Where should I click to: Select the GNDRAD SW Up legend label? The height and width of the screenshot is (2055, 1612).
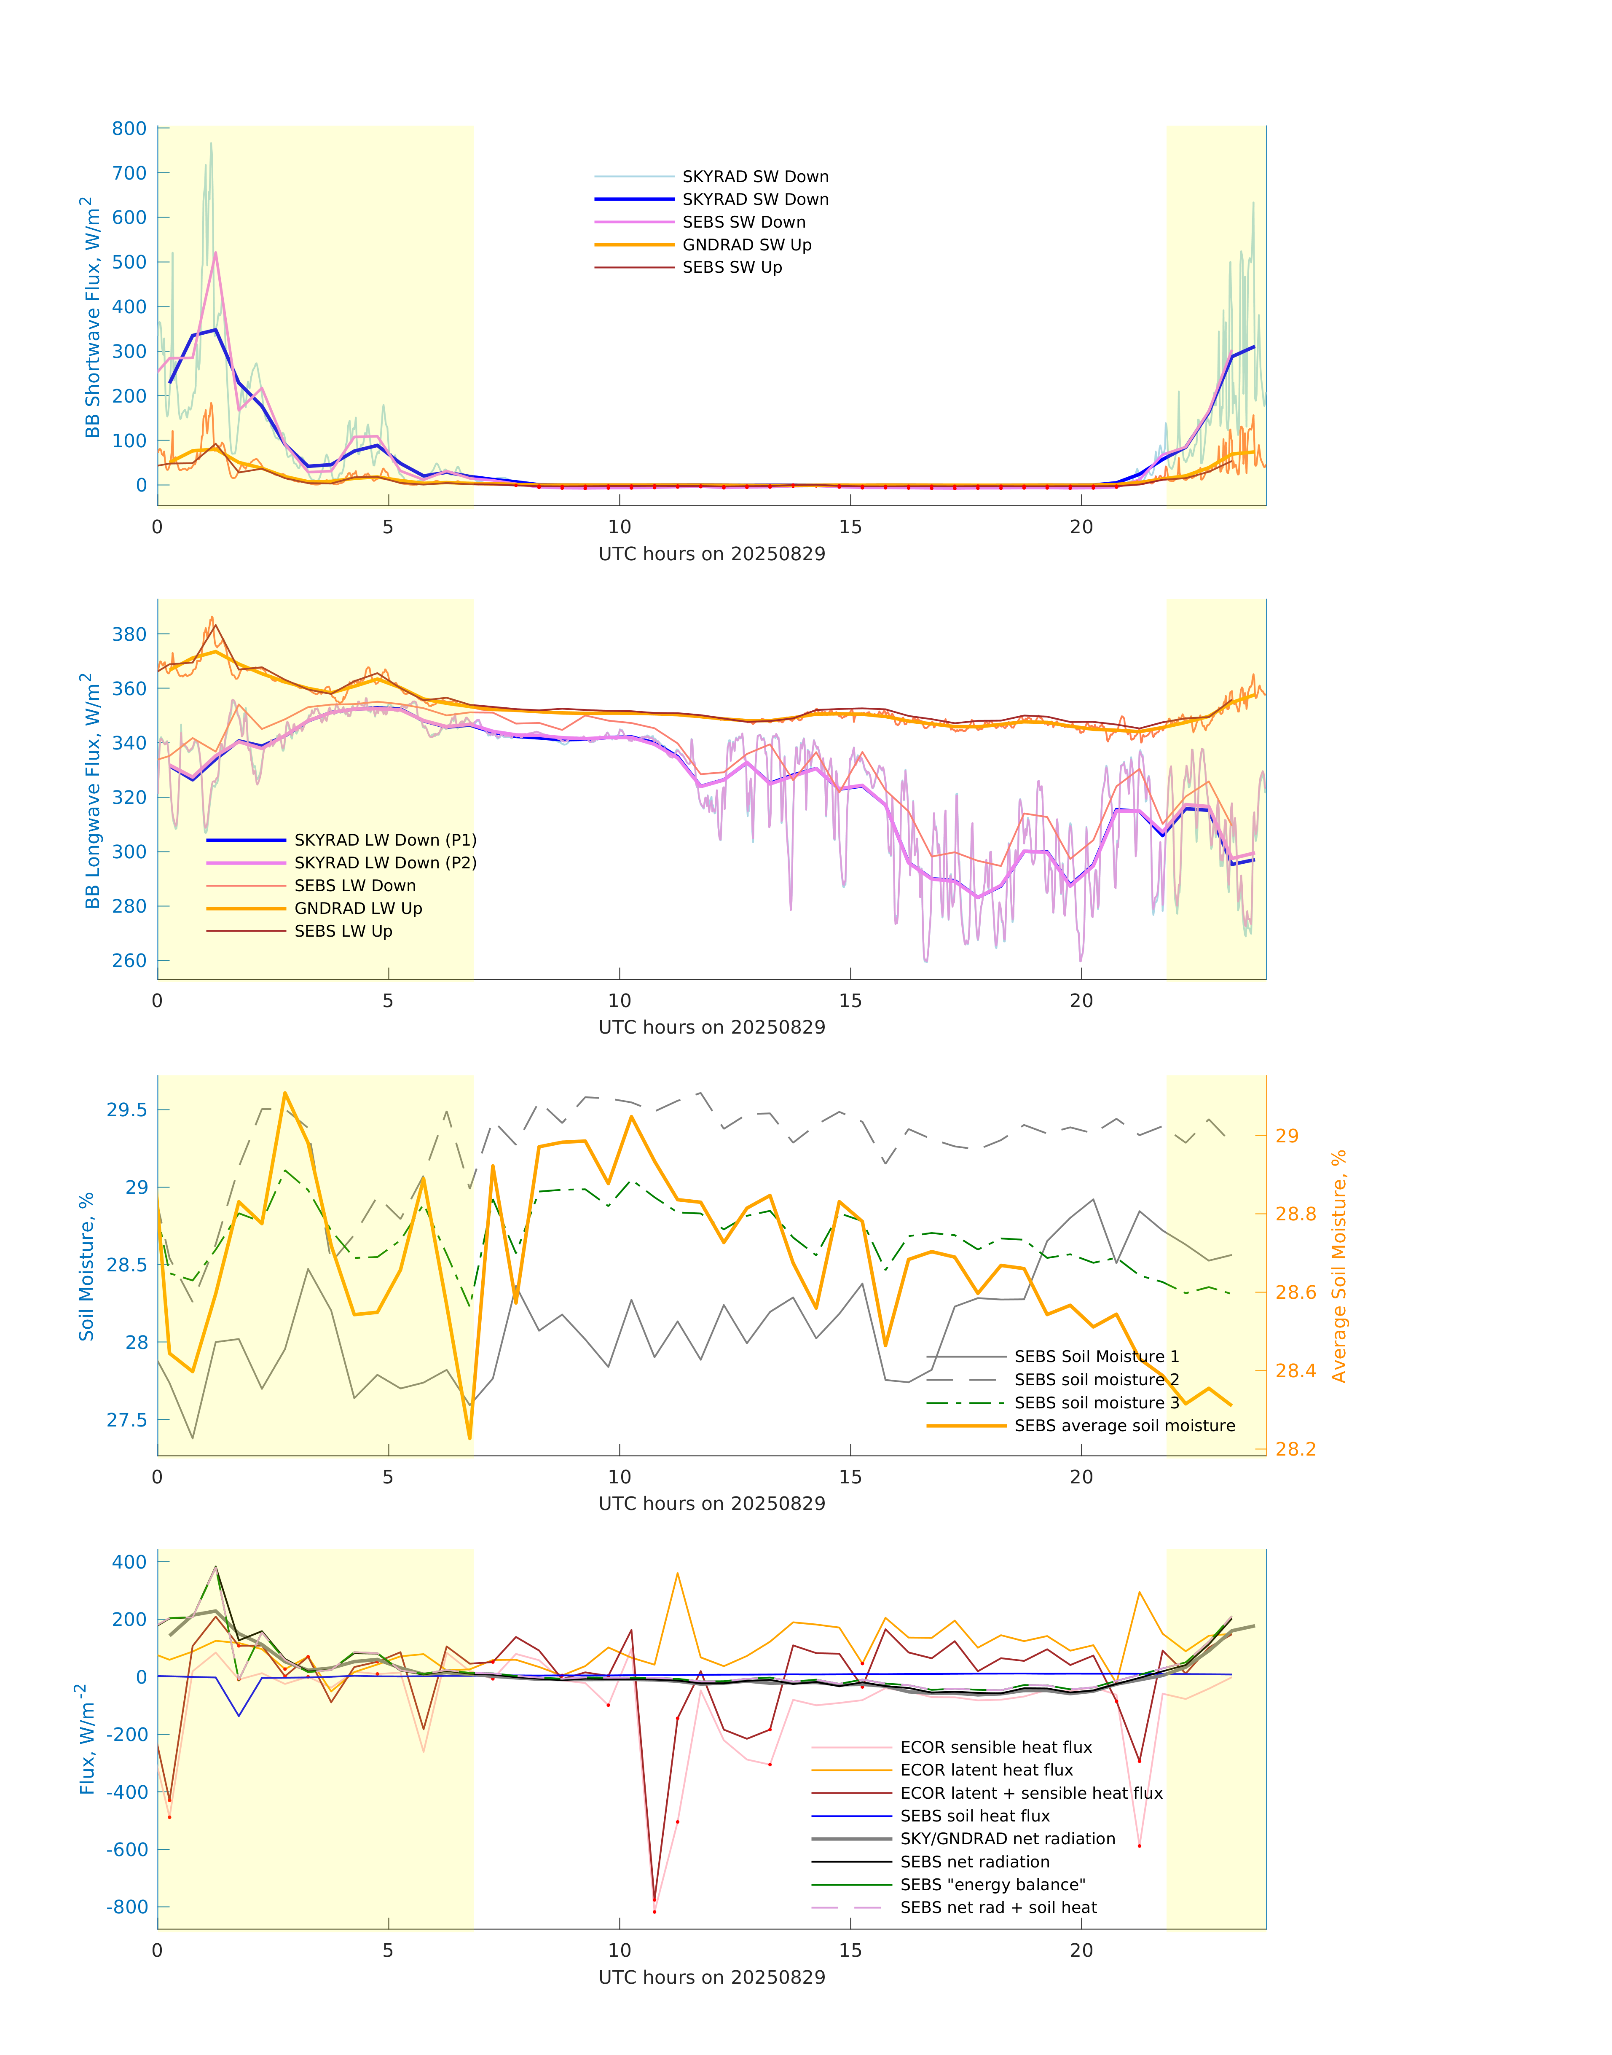point(746,244)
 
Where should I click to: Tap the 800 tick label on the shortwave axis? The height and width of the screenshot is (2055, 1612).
point(129,129)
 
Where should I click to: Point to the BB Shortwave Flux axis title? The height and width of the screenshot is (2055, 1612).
point(91,317)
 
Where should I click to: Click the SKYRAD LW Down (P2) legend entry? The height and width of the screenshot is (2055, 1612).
point(385,863)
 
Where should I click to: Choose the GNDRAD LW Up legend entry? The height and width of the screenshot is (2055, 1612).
point(358,908)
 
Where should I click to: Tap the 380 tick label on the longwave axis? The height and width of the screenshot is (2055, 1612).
point(129,634)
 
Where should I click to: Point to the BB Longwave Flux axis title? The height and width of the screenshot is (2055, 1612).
point(91,791)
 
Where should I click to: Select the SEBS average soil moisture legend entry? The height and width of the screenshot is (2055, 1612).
point(1124,1425)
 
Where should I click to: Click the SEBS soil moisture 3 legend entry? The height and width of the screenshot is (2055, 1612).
point(1097,1403)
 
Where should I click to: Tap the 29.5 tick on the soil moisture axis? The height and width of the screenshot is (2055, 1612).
point(126,1110)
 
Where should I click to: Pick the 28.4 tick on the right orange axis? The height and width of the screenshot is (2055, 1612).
point(1296,1370)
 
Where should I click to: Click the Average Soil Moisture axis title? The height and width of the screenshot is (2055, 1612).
point(1338,1266)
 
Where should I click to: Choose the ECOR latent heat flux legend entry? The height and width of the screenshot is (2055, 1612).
point(986,1770)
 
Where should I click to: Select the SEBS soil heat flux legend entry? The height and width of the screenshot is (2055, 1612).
point(975,1815)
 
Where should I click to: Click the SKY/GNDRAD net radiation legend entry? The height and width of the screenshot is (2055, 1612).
point(1007,1838)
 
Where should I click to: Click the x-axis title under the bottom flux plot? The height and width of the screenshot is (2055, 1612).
point(712,1977)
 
